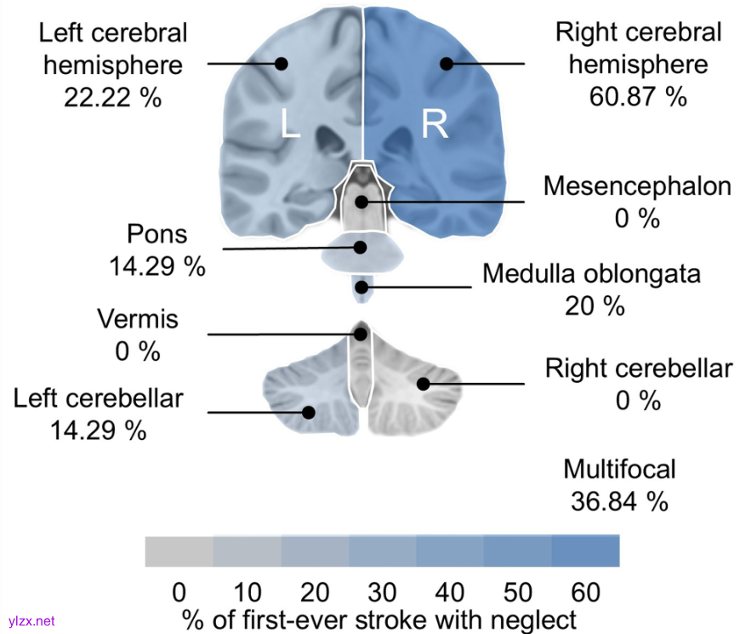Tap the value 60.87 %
(637, 96)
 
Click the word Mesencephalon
(637, 186)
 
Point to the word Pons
(157, 234)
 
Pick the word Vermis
(138, 320)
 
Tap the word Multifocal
(619, 469)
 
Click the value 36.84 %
(619, 500)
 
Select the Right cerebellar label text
(638, 368)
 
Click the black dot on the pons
(361, 248)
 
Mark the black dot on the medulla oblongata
(363, 287)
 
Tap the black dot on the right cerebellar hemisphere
(423, 385)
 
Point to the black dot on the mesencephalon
(361, 202)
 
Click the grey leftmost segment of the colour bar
(179, 551)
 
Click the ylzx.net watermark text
(31, 621)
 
